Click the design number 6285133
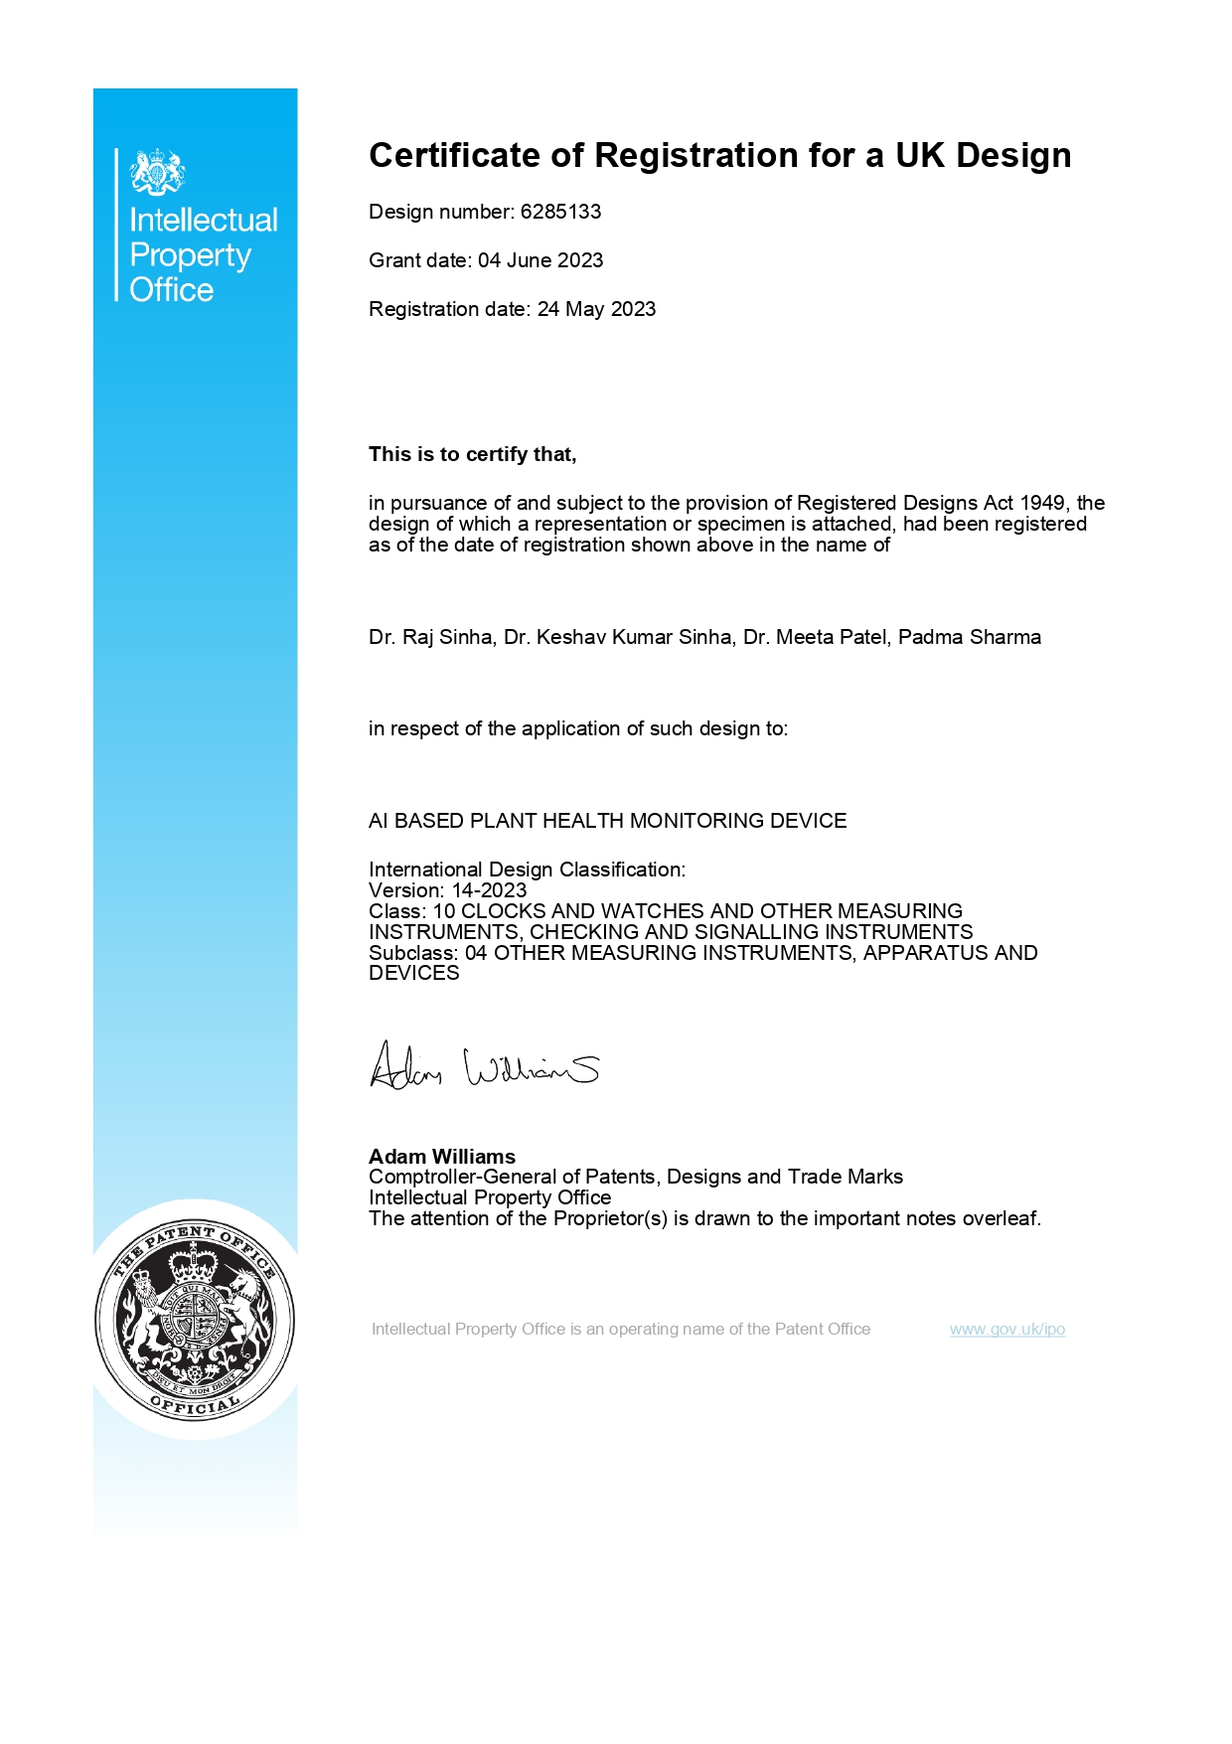(x=560, y=212)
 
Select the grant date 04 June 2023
(x=540, y=260)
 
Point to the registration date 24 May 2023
(x=596, y=309)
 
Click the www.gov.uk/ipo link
(x=1006, y=1330)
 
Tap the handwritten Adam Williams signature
(x=484, y=1067)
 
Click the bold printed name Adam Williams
(x=442, y=1157)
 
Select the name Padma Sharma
(x=969, y=637)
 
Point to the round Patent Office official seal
(x=195, y=1320)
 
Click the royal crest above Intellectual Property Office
(x=158, y=172)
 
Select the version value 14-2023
(x=489, y=890)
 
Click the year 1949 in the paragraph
(x=1043, y=503)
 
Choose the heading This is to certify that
(x=472, y=454)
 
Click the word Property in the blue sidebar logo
(x=190, y=255)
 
